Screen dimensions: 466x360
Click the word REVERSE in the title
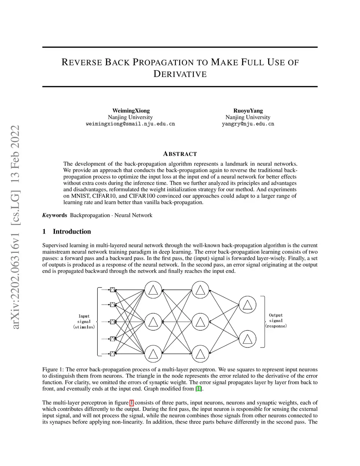click(x=81, y=63)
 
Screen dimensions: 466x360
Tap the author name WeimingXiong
click(x=131, y=111)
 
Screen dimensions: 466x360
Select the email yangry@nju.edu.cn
click(x=248, y=124)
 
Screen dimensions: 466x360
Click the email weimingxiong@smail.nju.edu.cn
click(x=130, y=124)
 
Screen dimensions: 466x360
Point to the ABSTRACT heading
click(x=180, y=154)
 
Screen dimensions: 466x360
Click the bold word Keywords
click(x=54, y=215)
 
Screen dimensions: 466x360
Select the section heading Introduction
click(x=72, y=231)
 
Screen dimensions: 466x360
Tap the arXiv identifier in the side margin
click(x=15, y=227)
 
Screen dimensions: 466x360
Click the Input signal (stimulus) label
click(x=84, y=321)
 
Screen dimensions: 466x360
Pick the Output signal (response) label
click(x=276, y=321)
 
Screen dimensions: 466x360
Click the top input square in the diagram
click(x=112, y=290)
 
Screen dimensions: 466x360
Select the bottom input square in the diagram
click(x=112, y=353)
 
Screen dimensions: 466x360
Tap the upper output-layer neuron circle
click(x=247, y=305)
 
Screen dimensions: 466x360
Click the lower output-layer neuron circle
click(x=247, y=339)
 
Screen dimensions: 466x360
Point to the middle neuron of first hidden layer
click(x=153, y=322)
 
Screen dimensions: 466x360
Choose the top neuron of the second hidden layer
click(x=200, y=290)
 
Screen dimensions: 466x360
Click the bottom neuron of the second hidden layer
click(x=200, y=353)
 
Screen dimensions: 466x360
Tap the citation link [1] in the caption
click(x=199, y=389)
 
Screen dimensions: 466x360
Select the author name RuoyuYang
click(x=248, y=111)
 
